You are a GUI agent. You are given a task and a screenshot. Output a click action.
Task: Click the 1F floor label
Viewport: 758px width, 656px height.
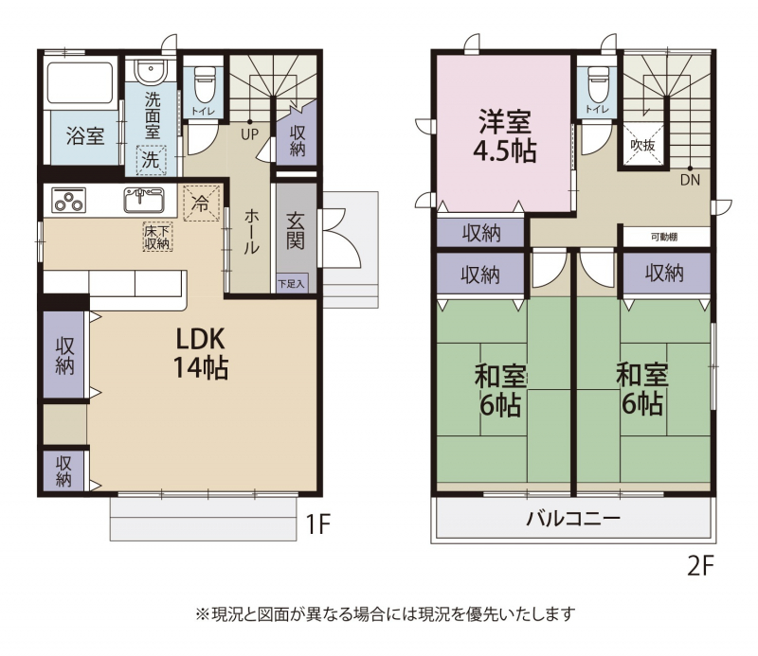[318, 523]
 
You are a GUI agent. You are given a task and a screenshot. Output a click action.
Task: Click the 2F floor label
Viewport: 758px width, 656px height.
[700, 566]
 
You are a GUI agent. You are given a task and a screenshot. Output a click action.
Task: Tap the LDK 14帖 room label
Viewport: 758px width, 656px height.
[200, 353]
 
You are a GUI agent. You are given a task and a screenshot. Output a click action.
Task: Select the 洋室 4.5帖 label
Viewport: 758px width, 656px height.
[505, 136]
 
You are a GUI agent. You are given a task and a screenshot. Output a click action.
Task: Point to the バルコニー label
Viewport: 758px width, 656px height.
[573, 519]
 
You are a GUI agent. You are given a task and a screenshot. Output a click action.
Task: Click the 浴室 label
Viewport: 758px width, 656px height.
[85, 135]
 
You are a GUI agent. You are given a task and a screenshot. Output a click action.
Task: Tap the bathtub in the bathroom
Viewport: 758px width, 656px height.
[81, 82]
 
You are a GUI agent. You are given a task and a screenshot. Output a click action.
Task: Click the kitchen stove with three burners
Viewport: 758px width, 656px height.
[68, 200]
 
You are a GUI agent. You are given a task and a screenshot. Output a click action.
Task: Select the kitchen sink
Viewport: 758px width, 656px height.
[144, 200]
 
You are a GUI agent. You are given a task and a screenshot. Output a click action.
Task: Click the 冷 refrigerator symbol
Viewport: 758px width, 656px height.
[201, 204]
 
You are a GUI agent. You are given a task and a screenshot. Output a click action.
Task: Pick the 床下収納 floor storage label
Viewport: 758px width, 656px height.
[157, 238]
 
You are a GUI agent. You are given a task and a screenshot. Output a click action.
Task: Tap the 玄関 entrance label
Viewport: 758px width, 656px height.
[295, 231]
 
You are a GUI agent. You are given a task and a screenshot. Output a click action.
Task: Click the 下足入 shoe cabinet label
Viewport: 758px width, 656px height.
[292, 284]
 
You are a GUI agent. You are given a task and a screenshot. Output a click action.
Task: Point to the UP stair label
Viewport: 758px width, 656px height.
[249, 134]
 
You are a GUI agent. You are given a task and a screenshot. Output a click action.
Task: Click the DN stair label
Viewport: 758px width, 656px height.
[690, 180]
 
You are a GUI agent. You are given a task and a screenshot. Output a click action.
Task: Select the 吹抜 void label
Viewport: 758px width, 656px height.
[643, 145]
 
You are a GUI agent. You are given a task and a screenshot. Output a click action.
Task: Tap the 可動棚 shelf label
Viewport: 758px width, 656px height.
[664, 238]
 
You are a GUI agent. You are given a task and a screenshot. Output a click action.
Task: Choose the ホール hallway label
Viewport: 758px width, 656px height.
[251, 232]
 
